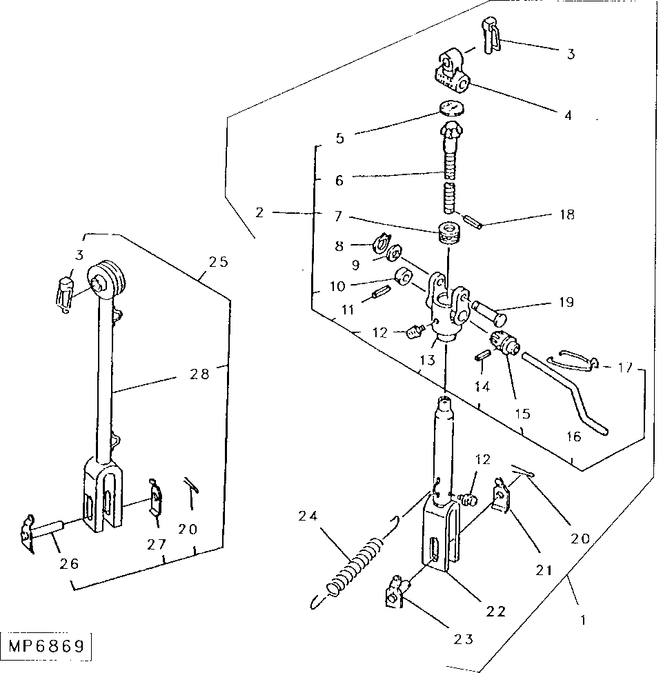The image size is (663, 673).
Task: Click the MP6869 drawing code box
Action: click(x=46, y=647)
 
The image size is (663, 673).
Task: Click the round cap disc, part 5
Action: click(x=452, y=108)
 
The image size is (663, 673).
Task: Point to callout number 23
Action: click(x=463, y=639)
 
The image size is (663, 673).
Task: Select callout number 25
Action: click(x=219, y=262)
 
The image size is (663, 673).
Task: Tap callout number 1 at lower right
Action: click(x=582, y=619)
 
